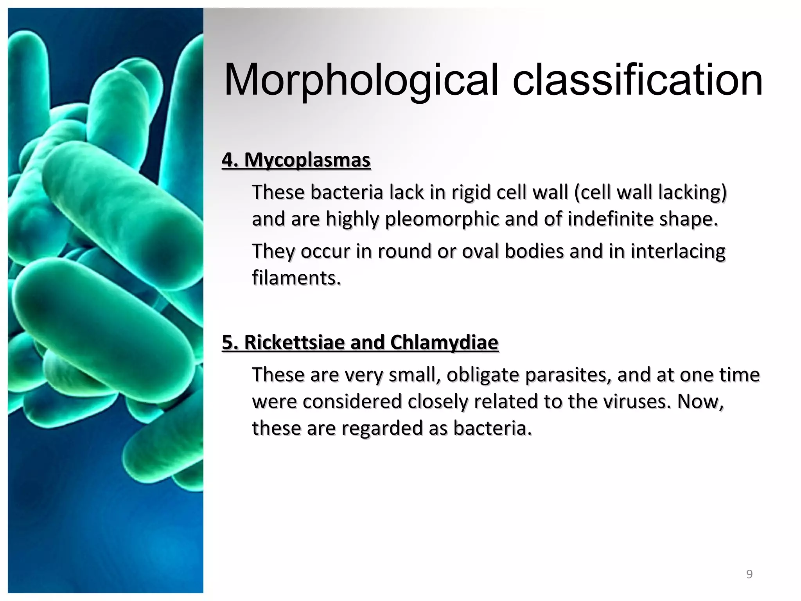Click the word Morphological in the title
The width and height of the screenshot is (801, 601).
click(x=361, y=80)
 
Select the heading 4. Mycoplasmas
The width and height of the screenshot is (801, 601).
click(x=296, y=160)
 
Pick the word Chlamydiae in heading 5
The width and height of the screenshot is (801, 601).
click(x=444, y=342)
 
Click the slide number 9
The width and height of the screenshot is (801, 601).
click(x=749, y=574)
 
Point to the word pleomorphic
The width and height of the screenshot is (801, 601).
click(x=442, y=219)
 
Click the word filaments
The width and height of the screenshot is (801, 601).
click(x=296, y=278)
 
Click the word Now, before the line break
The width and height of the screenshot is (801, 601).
click(x=700, y=401)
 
